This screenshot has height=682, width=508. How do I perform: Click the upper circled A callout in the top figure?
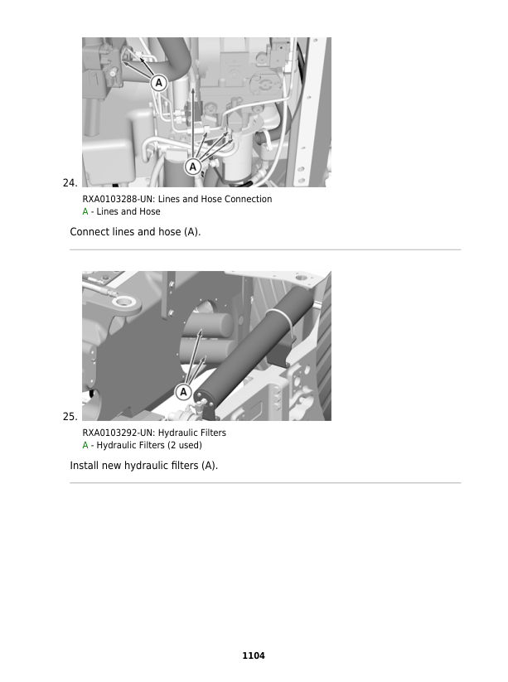(x=158, y=82)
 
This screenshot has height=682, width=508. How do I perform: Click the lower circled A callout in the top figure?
(x=193, y=167)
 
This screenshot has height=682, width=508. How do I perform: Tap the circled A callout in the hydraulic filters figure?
(x=184, y=391)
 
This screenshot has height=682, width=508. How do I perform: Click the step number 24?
(x=70, y=182)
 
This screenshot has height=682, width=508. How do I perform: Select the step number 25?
(x=70, y=416)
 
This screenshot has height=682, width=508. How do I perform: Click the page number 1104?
(x=254, y=655)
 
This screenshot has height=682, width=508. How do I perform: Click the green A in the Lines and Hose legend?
(x=85, y=212)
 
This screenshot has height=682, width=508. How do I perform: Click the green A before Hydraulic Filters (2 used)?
(x=85, y=446)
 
